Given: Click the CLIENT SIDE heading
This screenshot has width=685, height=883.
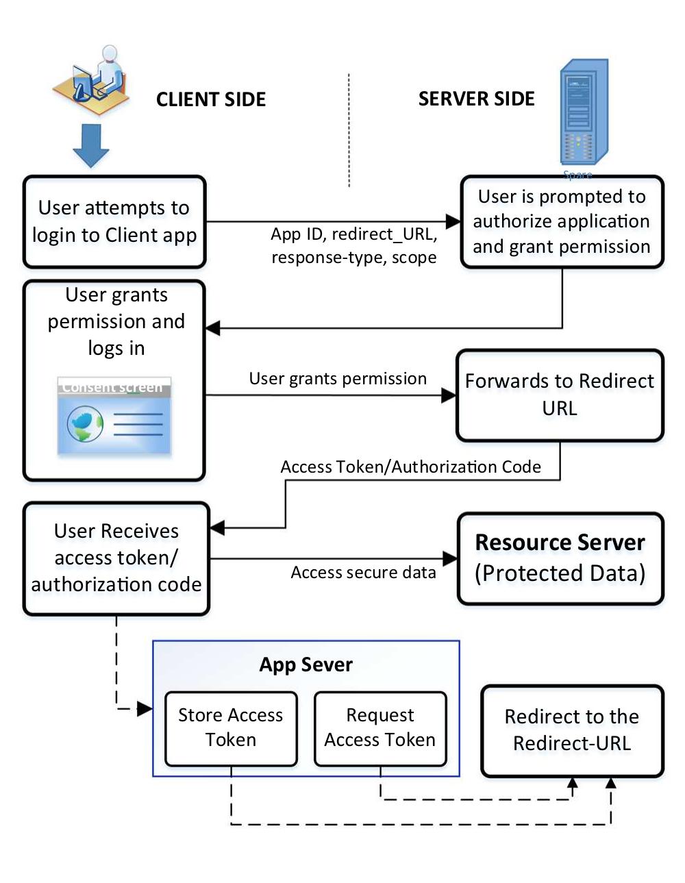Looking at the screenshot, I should (210, 100).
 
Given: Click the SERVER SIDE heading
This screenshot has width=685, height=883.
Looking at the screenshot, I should (476, 99).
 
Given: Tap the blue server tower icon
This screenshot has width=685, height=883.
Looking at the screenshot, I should (582, 113).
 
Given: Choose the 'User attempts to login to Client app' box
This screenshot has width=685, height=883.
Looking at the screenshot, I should (114, 221).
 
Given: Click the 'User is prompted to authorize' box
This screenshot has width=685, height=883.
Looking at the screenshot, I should (561, 222).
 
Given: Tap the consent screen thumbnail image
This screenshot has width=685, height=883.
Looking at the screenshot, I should (114, 416).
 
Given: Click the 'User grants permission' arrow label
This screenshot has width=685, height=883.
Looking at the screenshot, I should (338, 379).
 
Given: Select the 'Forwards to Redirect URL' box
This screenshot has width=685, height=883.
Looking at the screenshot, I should (559, 395).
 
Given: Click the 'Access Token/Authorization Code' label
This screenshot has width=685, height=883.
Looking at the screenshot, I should (410, 467).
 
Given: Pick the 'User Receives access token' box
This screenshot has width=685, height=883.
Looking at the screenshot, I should (116, 558).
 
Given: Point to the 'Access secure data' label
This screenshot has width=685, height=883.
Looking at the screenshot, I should (363, 573).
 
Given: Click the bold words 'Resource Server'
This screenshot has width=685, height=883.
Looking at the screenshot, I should (560, 543).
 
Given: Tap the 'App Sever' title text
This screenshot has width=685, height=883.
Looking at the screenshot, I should (306, 665).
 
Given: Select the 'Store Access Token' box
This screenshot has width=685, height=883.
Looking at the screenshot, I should (231, 727).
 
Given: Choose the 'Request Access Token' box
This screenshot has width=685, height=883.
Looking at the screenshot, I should (380, 727).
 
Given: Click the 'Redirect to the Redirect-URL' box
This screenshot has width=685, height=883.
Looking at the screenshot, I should (572, 730).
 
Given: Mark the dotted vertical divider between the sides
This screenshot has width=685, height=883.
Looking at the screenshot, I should (349, 130).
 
